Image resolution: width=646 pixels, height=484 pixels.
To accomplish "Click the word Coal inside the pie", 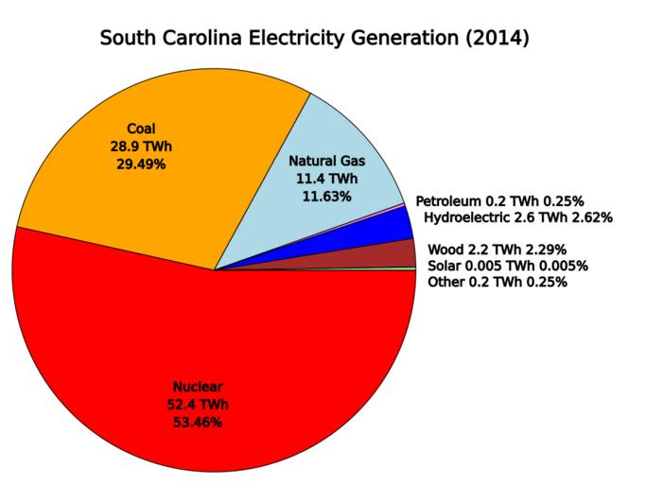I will pos(140,129).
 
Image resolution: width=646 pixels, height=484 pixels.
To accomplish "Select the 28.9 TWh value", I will pos(140,147).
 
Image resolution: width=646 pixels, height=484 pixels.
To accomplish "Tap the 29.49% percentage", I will pos(140,164).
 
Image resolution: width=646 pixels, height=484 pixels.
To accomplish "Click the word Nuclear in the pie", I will pos(198,387).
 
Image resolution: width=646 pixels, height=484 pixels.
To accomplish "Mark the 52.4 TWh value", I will pos(198,405).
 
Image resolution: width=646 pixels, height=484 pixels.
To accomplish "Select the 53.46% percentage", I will pos(198,422).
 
